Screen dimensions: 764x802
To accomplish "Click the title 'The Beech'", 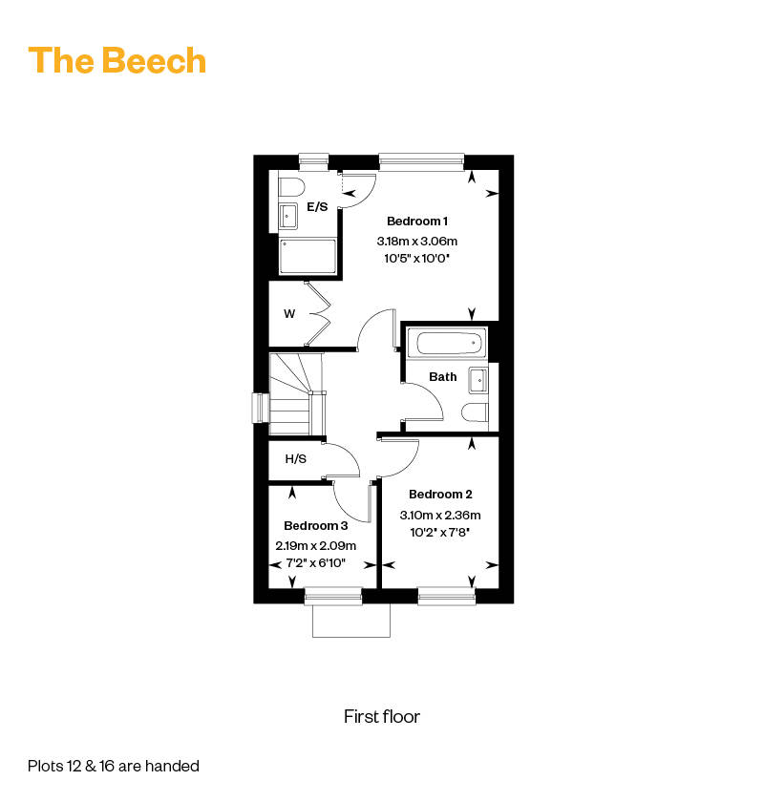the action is tap(117, 60).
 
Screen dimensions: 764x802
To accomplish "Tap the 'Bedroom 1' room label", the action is tap(417, 221).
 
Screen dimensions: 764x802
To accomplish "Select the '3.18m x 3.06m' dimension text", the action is tap(417, 241).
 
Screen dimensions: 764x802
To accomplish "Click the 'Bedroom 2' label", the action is tap(440, 495).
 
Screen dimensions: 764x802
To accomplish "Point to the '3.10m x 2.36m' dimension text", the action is tap(440, 515).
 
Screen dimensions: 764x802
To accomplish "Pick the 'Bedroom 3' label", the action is tap(316, 525).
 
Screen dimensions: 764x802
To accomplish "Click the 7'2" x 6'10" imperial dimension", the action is tap(316, 563).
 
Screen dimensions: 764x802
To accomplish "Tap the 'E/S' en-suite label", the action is tap(317, 206).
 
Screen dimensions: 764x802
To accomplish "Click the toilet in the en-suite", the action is tap(291, 187).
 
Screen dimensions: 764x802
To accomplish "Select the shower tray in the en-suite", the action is tap(308, 256).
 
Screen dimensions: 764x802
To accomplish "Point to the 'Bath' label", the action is tap(442, 377).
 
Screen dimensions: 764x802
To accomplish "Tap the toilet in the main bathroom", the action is tap(475, 412).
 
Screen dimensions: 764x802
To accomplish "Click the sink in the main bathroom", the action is tap(478, 381).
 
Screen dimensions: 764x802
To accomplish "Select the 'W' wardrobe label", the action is tap(289, 313).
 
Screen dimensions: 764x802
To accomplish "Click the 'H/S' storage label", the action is tap(296, 459).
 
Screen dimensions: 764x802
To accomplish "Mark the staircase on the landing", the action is tap(296, 393).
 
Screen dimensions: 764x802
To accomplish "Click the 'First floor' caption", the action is tap(382, 717).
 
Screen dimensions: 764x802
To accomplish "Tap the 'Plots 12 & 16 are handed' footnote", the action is tap(114, 766).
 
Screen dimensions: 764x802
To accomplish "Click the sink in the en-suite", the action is tap(288, 217).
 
